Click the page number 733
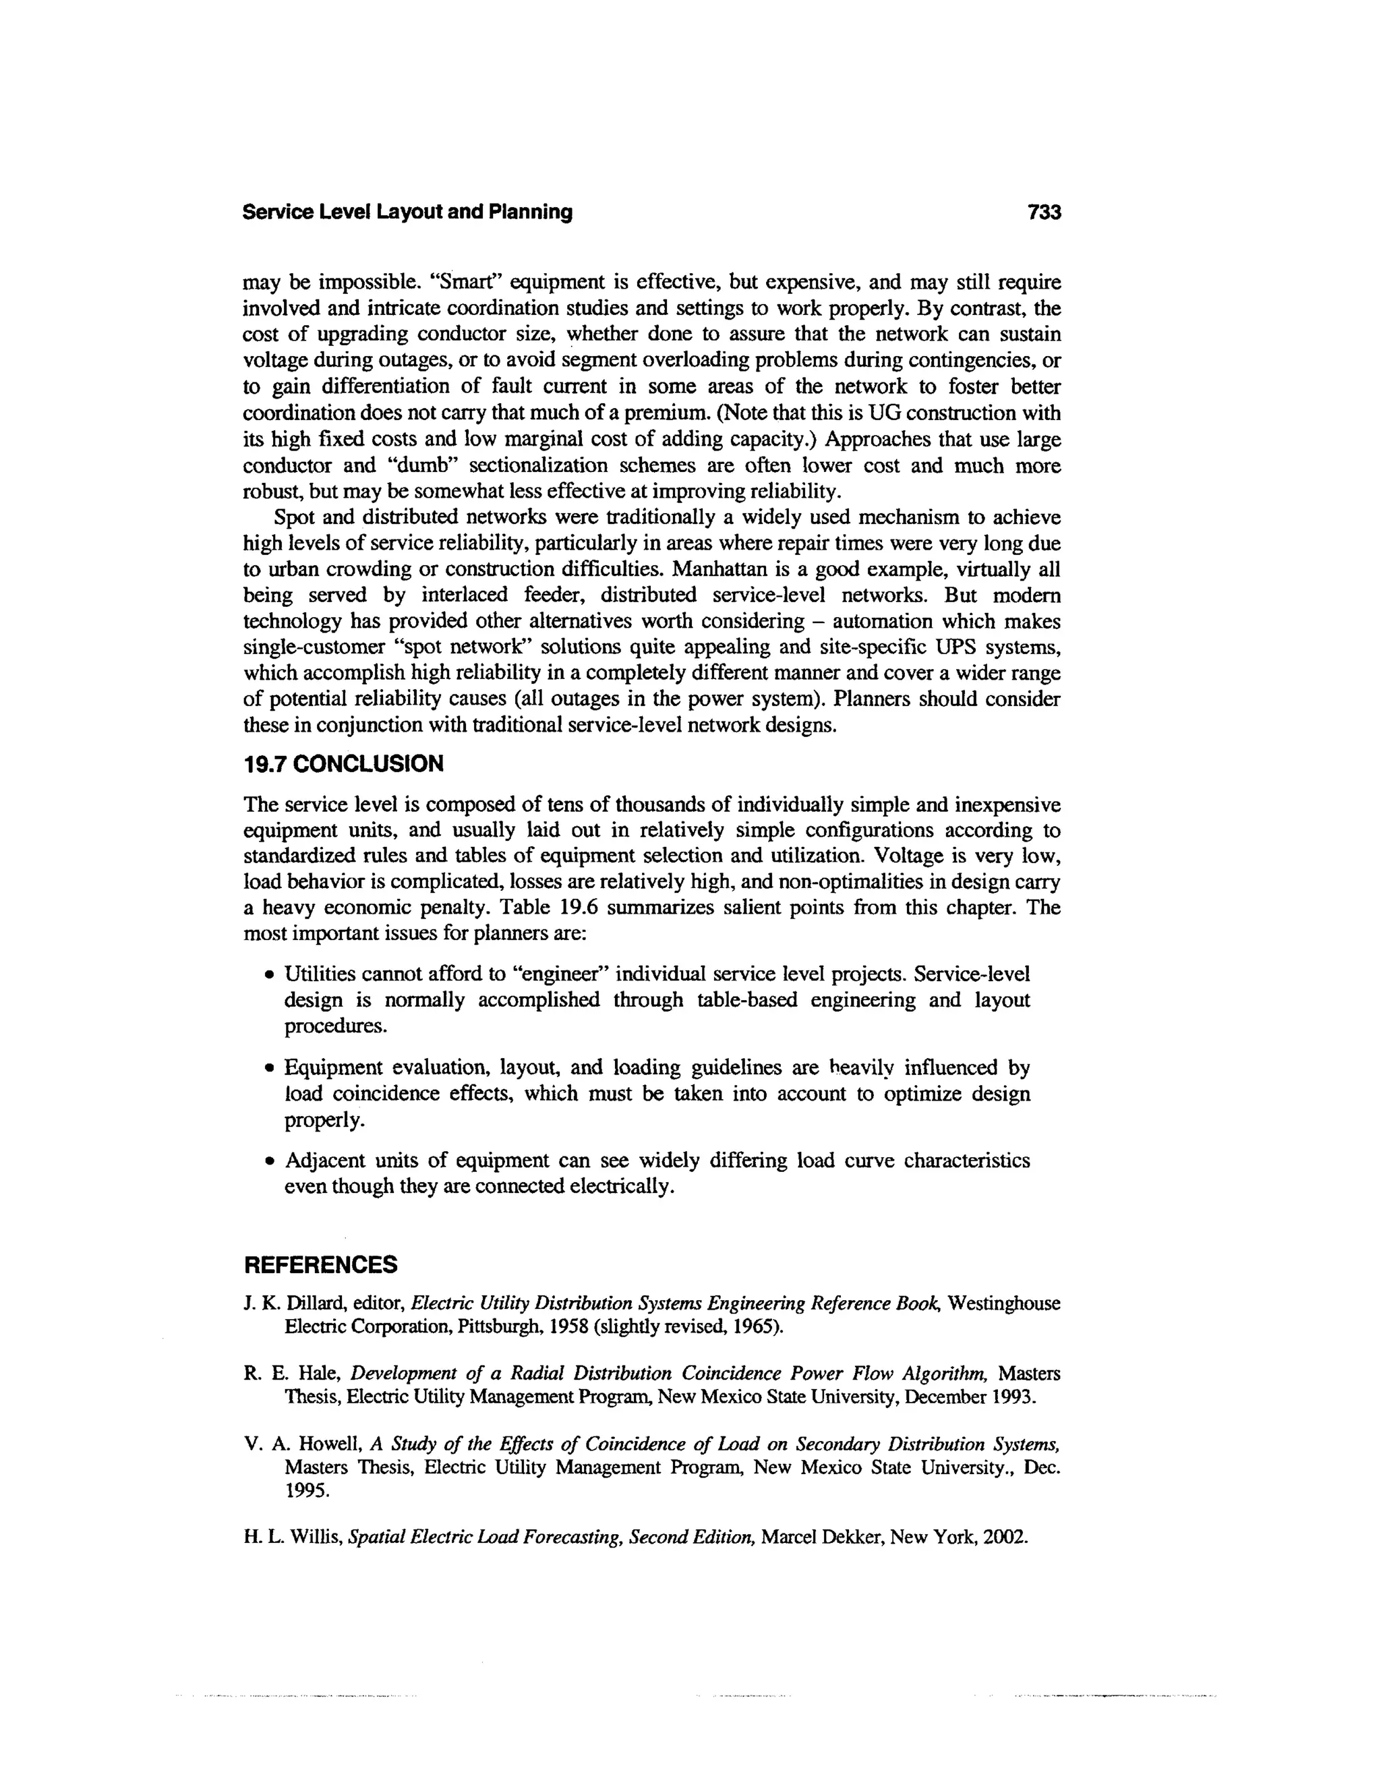(x=1044, y=212)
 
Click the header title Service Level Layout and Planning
(x=407, y=212)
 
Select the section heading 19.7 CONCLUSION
(x=344, y=764)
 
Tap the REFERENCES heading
(x=321, y=1265)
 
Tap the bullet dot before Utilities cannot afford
(x=268, y=975)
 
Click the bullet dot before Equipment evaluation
(x=268, y=1069)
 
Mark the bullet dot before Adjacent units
(x=268, y=1162)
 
